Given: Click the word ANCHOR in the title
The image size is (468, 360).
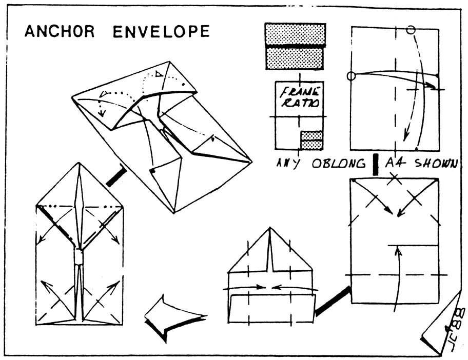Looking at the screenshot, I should [60, 32].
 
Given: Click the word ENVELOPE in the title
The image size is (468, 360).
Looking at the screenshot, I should [161, 32].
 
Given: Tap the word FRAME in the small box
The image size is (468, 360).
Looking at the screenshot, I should [300, 92].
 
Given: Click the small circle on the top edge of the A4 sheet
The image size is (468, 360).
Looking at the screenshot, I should [411, 30].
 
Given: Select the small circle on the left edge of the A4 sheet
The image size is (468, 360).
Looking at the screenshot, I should [351, 76].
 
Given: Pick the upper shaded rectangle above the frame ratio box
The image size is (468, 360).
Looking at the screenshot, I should [295, 34].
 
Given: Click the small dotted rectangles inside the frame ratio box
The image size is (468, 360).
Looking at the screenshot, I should [311, 140].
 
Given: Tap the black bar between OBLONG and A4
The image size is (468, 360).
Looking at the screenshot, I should [375, 164].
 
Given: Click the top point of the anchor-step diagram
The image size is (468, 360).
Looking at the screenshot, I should [79, 164].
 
